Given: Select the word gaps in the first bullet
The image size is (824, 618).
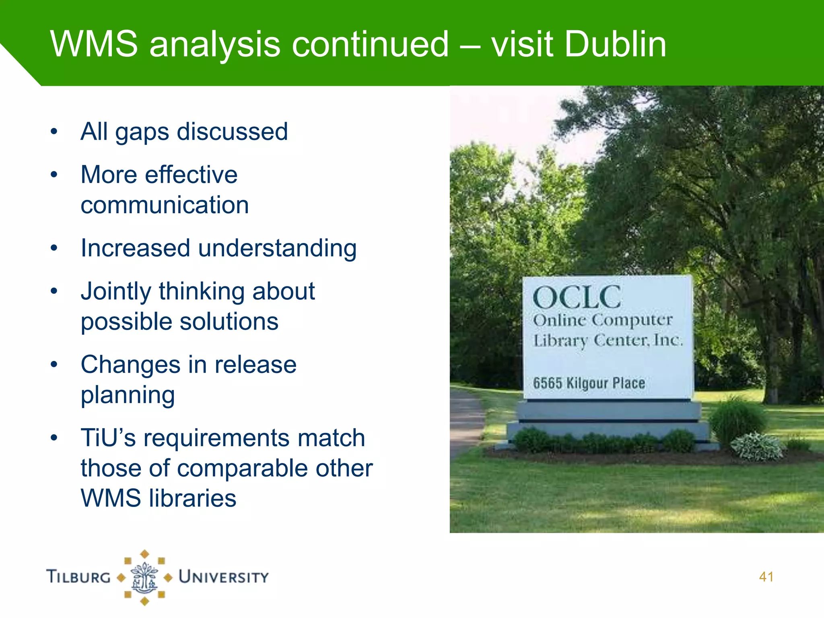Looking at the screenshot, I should [142, 132].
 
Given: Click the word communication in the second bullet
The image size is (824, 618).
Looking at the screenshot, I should [165, 205].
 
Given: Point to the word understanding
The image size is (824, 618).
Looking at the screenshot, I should [277, 248].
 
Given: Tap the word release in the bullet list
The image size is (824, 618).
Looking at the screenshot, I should [255, 365].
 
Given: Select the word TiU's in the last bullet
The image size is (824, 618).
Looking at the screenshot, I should [108, 438].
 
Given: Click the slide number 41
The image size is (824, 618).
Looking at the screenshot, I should [766, 577].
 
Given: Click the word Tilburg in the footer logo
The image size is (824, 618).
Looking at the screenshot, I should [78, 577].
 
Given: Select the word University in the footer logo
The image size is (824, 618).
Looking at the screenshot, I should [224, 577].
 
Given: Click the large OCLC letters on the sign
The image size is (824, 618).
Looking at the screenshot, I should [577, 298].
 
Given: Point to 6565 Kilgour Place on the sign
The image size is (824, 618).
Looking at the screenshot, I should [589, 383].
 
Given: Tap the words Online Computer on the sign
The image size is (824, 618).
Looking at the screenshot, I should [602, 321].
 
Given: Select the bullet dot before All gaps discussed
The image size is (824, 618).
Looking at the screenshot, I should [54, 132].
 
